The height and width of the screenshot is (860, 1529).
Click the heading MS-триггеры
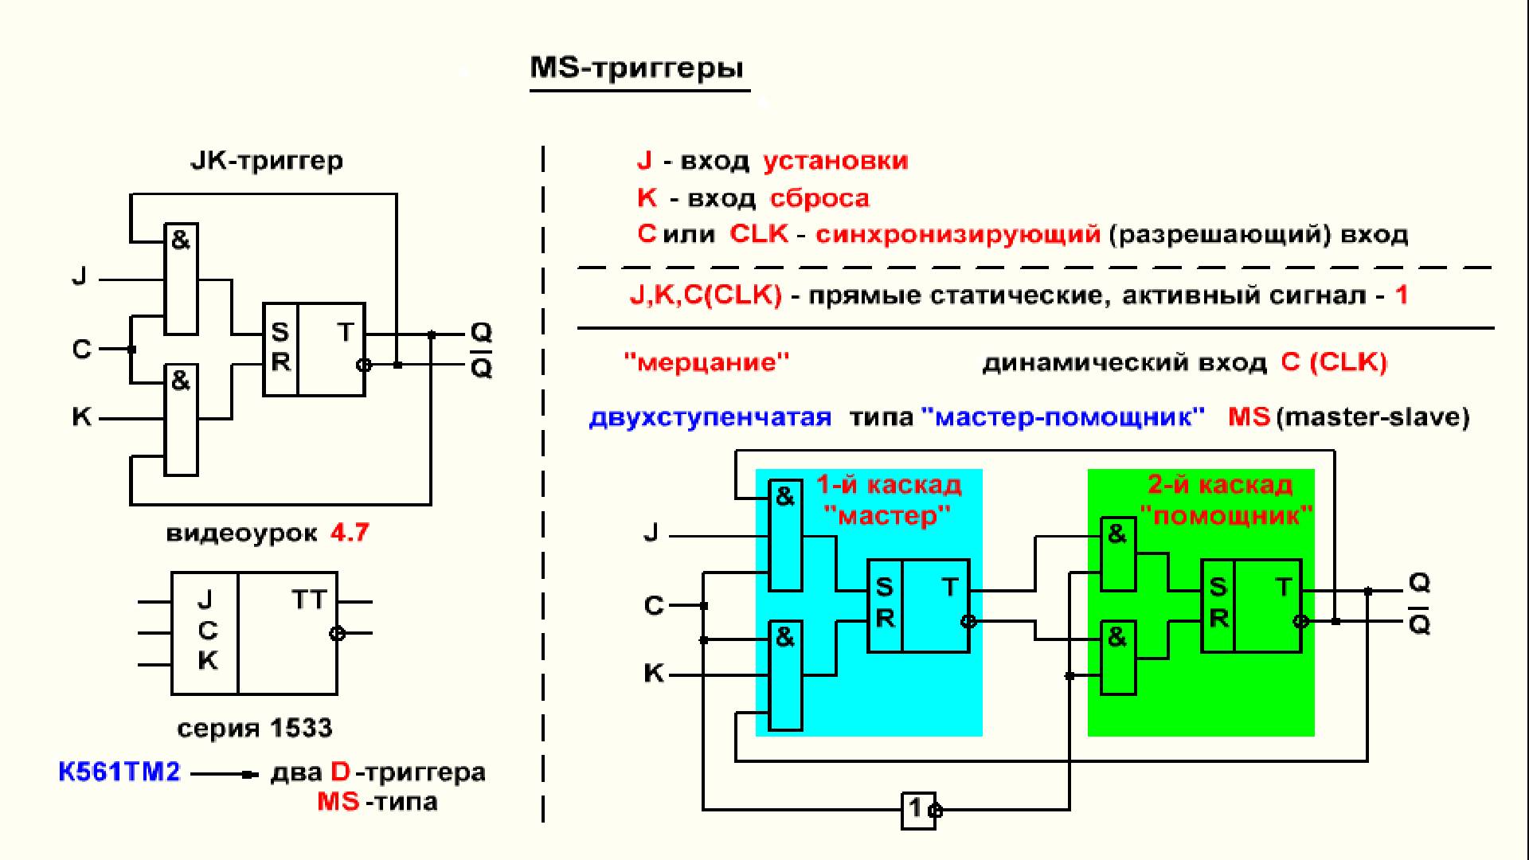tap(637, 68)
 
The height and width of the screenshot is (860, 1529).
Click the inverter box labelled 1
tap(917, 810)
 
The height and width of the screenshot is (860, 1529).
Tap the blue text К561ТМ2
tap(119, 772)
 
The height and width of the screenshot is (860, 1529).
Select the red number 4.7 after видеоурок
tap(350, 532)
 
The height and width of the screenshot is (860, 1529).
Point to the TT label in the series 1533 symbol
tap(308, 600)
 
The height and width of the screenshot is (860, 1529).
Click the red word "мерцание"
tap(706, 363)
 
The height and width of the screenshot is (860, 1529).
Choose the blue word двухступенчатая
tap(710, 417)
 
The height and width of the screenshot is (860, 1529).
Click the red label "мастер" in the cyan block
tap(887, 516)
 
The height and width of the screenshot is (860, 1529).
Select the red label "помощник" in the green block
tap(1226, 516)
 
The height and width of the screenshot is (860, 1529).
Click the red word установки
tap(835, 161)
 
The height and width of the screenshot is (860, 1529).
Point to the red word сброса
tap(819, 198)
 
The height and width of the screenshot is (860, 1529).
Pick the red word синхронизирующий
tap(958, 235)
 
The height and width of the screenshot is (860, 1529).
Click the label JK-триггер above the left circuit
tap(267, 161)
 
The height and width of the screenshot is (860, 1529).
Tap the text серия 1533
tap(254, 728)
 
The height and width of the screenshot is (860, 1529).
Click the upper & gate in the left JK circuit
tap(181, 279)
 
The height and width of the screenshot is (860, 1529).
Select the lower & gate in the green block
tap(1118, 658)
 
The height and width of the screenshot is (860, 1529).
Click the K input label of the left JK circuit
tap(81, 417)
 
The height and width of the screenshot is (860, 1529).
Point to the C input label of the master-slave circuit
tap(654, 606)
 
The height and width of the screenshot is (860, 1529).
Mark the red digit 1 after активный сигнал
tap(1402, 295)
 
